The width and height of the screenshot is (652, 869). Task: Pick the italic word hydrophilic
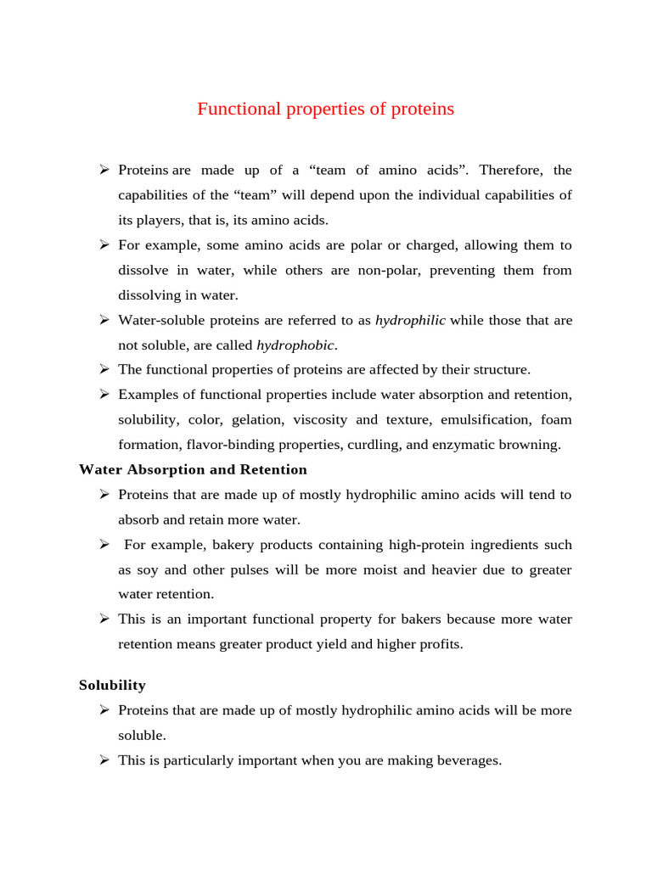[x=410, y=321]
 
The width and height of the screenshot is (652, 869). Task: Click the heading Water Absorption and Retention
[x=193, y=469]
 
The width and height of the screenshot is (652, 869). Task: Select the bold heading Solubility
[x=112, y=685]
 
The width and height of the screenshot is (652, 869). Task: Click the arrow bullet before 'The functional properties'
[x=104, y=370]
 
